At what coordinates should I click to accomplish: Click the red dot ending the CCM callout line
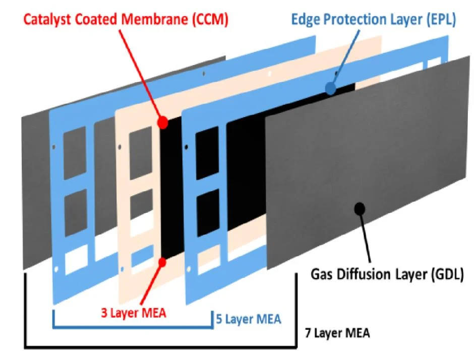[163, 122]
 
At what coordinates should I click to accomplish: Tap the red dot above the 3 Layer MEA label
[163, 261]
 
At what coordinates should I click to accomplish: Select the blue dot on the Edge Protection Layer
[330, 89]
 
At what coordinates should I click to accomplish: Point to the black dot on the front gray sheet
[360, 207]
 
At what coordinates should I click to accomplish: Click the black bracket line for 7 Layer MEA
[161, 346]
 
